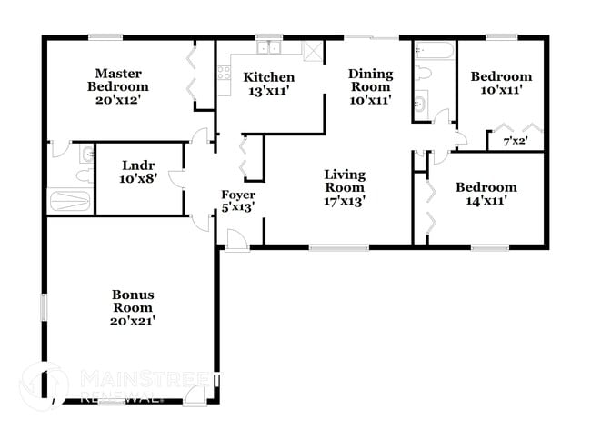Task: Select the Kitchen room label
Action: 269,77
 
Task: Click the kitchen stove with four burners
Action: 224,71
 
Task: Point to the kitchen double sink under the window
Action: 269,49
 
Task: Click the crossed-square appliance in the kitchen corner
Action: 313,51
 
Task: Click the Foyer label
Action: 238,195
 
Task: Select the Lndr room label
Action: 140,165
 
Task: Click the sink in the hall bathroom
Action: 421,105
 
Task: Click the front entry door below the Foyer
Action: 235,241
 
